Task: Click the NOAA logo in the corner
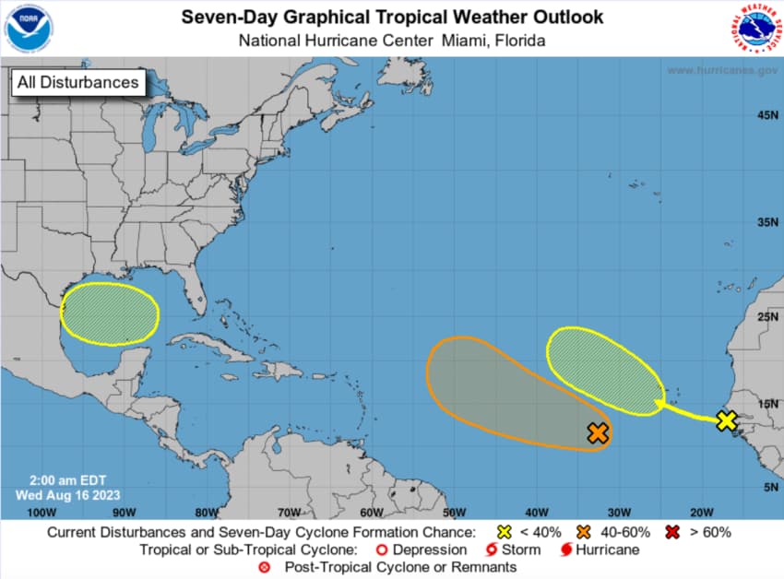[29, 29]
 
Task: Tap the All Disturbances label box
[78, 82]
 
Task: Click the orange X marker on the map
[598, 431]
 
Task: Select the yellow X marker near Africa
[726, 420]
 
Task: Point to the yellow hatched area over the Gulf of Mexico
[109, 314]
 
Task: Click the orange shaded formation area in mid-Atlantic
[498, 387]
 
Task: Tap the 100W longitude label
[36, 512]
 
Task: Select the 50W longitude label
[453, 512]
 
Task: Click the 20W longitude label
[702, 512]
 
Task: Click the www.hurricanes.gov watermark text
[720, 70]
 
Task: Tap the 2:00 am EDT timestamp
[55, 480]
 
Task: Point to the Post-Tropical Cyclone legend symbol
[265, 567]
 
